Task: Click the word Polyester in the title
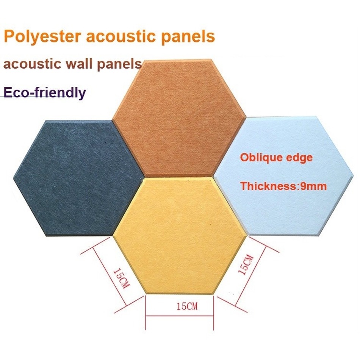[x=43, y=36]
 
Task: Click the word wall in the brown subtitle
[x=79, y=63]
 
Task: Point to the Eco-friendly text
[x=45, y=93]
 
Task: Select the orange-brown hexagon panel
[x=179, y=117]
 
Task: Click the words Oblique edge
[x=276, y=158]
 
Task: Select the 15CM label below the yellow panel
[x=187, y=306]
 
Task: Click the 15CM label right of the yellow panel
[x=246, y=265]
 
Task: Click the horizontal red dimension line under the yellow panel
[x=180, y=316]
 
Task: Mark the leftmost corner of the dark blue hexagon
[x=14, y=178]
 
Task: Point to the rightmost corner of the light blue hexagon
[x=354, y=176]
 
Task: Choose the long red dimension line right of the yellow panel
[x=251, y=275]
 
